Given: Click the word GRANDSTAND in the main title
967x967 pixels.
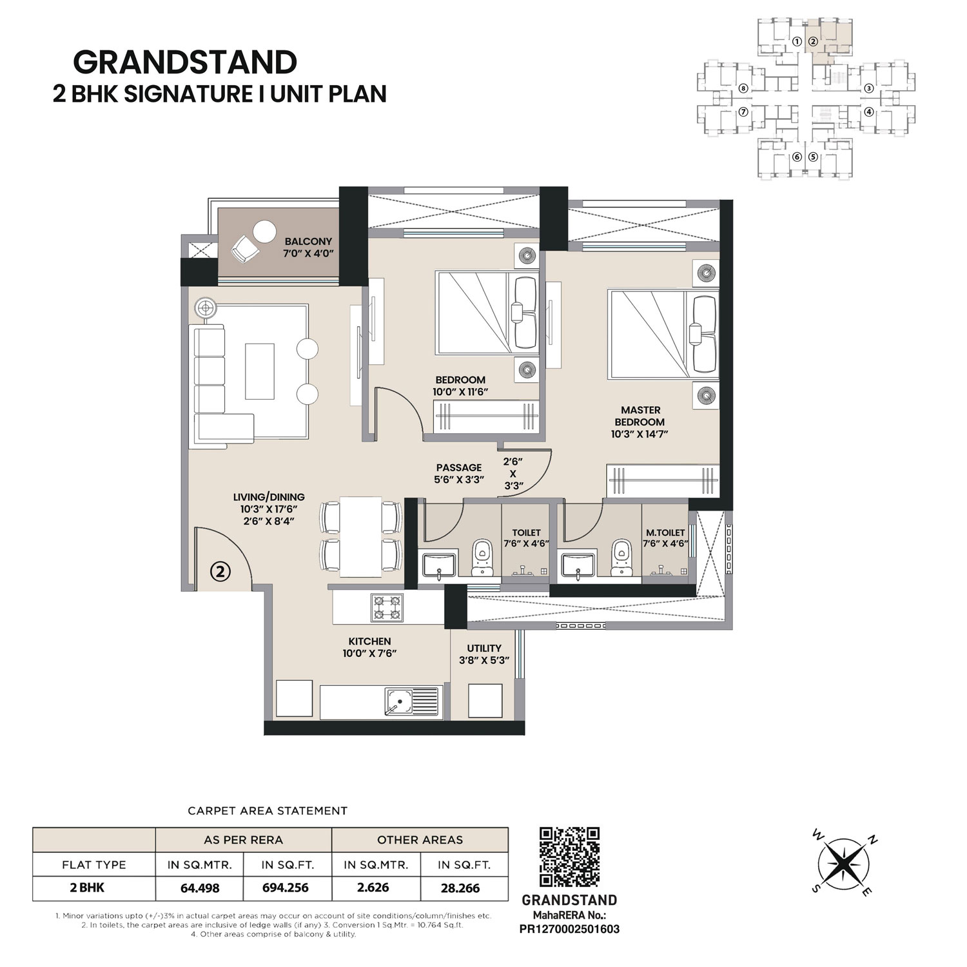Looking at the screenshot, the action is click(185, 62).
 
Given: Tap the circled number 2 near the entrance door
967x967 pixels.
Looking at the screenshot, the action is click(220, 571).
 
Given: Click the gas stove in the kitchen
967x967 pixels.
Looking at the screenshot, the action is click(386, 608).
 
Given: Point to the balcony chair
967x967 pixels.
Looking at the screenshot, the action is click(243, 248).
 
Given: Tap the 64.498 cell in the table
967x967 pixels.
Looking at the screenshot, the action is click(200, 888).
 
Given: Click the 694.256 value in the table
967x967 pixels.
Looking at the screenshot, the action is click(286, 888).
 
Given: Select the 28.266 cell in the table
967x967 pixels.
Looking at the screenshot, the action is click(460, 888).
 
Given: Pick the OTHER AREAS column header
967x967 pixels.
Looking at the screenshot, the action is click(420, 839).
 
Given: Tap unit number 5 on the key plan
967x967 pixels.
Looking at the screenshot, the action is click(813, 156).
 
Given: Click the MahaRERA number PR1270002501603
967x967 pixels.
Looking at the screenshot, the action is click(569, 929).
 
